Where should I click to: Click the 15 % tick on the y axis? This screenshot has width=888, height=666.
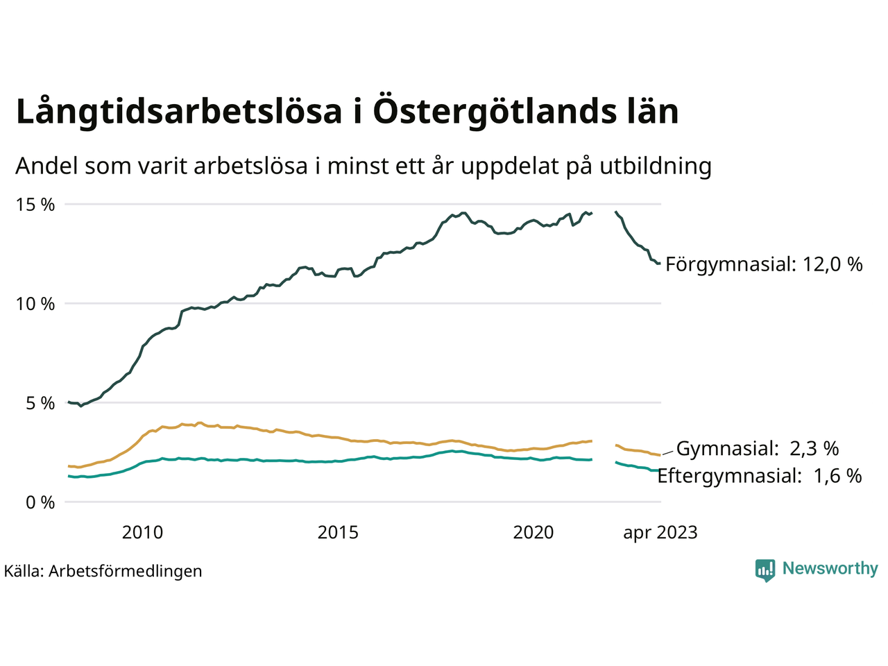[x=35, y=205]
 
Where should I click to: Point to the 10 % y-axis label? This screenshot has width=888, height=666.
[x=35, y=304]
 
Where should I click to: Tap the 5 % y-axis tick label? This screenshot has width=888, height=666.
[x=40, y=403]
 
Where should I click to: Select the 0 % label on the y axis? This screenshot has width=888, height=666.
[x=40, y=502]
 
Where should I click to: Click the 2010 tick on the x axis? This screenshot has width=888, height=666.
[x=142, y=533]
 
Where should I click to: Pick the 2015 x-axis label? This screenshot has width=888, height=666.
[x=338, y=533]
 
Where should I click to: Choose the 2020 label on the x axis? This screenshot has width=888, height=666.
[x=533, y=533]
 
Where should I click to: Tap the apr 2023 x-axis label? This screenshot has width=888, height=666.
[x=660, y=533]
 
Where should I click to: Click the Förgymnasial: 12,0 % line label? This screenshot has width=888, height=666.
[x=764, y=264]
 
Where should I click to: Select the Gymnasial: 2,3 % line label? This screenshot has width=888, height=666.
[x=758, y=449]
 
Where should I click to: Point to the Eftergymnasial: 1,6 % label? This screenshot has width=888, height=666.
[x=760, y=476]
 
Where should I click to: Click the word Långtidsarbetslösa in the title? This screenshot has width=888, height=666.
[x=179, y=112]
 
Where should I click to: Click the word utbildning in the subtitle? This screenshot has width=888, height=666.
[x=656, y=166]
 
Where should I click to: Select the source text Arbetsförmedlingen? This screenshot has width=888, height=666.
[x=126, y=571]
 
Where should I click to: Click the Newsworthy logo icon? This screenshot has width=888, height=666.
[x=765, y=570]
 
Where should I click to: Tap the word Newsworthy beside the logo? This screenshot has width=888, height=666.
[x=830, y=569]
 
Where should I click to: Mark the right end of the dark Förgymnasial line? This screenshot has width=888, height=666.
[x=659, y=263]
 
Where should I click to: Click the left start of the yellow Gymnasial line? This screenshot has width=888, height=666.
[x=69, y=466]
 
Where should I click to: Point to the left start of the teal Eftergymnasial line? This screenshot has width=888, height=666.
[x=69, y=476]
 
